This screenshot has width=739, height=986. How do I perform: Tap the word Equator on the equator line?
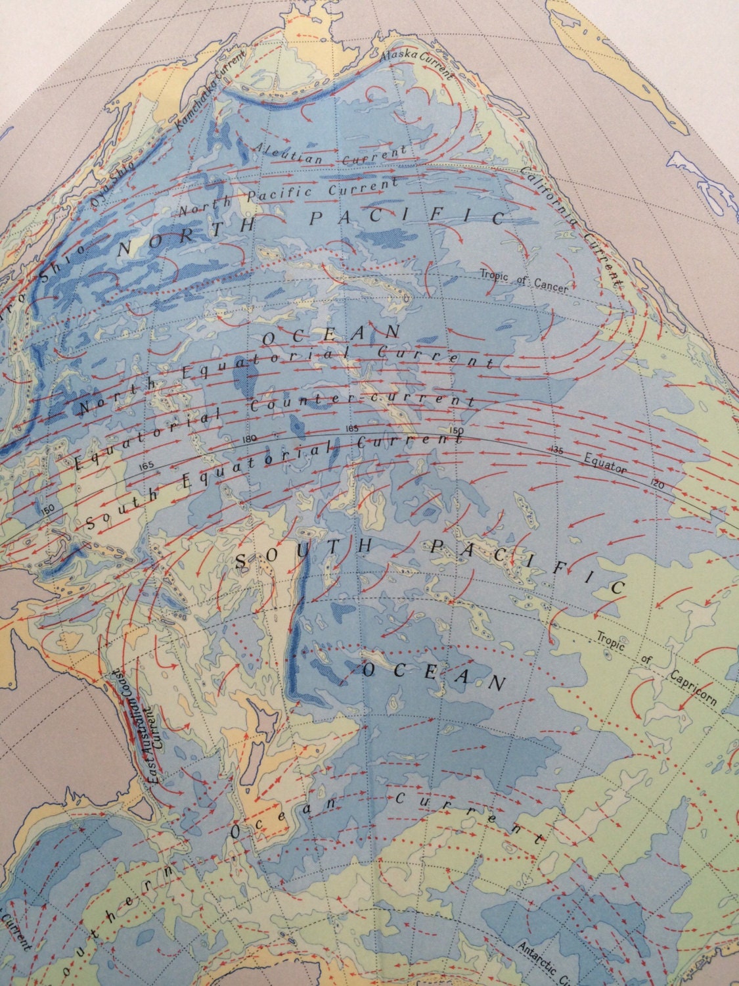pyautogui.click(x=605, y=465)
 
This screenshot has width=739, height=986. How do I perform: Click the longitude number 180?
pyautogui.click(x=249, y=439)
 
